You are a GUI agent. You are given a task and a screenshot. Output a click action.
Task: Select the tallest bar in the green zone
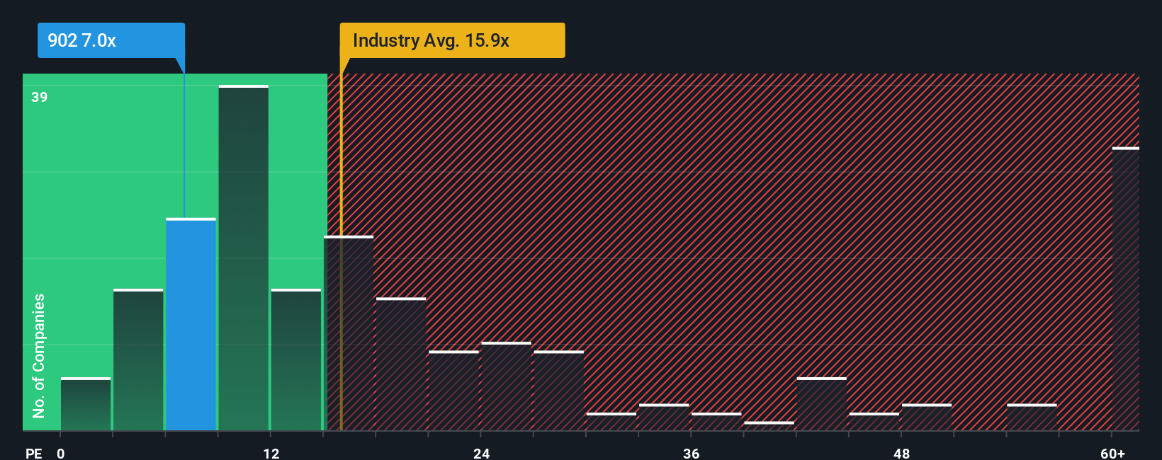pyautogui.click(x=243, y=258)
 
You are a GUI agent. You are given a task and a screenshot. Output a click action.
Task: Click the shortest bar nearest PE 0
pyautogui.click(x=86, y=404)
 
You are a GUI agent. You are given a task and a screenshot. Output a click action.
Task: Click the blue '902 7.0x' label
pyautogui.click(x=111, y=40)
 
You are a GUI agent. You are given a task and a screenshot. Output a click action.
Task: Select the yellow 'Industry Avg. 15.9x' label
pyautogui.click(x=451, y=40)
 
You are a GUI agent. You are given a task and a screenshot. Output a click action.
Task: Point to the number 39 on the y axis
pyautogui.click(x=40, y=97)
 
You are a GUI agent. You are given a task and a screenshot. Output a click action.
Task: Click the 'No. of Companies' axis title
pyautogui.click(x=39, y=355)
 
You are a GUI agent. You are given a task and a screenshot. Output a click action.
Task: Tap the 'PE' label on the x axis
pyautogui.click(x=33, y=454)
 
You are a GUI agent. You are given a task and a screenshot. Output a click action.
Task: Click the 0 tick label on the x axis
pyautogui.click(x=61, y=454)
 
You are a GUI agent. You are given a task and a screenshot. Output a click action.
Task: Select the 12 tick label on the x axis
pyautogui.click(x=271, y=454)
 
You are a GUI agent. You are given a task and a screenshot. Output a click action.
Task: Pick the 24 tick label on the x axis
pyautogui.click(x=482, y=454)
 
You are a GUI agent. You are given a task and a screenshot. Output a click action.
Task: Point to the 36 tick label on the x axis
pyautogui.click(x=692, y=454)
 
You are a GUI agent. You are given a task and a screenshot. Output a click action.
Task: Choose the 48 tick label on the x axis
pyautogui.click(x=902, y=454)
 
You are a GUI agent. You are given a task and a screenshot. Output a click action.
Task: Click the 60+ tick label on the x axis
pyautogui.click(x=1112, y=454)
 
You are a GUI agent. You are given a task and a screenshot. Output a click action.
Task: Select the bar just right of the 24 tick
pyautogui.click(x=506, y=386)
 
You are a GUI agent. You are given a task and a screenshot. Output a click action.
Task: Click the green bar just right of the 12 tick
pyautogui.click(x=295, y=360)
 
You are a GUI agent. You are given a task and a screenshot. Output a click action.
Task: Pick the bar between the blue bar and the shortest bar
pyautogui.click(x=138, y=360)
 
